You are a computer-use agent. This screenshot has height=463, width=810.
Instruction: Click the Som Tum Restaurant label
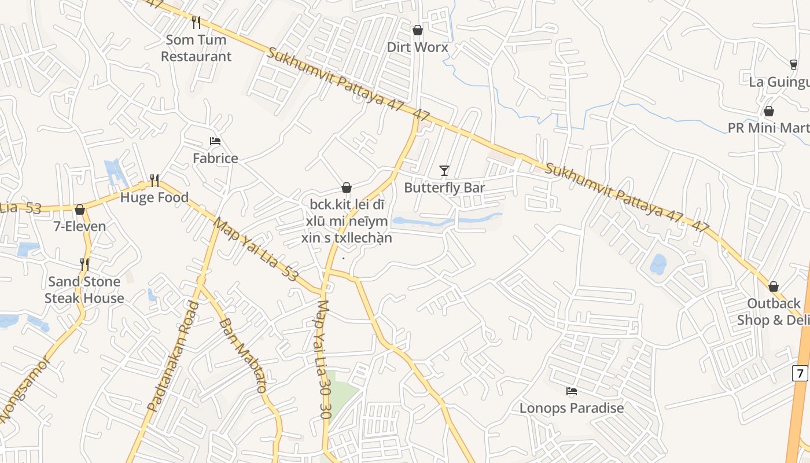pos(196,48)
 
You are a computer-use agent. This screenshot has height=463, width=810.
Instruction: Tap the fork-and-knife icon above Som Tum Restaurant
pos(196,23)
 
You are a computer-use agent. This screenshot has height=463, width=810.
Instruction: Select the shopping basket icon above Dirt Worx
pos(417,30)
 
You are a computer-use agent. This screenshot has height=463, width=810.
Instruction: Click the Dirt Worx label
pos(417,47)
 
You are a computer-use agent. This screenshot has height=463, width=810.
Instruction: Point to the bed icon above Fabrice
pos(215,141)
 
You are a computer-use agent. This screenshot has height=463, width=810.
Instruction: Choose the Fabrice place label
pos(215,158)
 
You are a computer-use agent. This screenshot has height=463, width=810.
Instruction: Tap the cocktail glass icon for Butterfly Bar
pos(444,171)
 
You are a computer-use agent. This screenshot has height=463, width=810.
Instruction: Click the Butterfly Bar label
pos(444,188)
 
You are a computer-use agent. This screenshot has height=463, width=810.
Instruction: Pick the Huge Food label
pos(154,197)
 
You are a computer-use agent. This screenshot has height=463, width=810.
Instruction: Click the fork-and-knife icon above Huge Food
pos(154,181)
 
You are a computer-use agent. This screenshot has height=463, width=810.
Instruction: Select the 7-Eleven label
pos(80,226)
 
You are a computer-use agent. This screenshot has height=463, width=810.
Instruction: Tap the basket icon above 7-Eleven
pos(80,210)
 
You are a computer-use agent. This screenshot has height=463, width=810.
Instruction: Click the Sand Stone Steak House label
pos(84,290)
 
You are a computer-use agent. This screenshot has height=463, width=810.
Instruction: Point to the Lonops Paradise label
pos(572,408)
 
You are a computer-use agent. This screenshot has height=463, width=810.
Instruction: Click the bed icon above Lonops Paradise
pos(572,391)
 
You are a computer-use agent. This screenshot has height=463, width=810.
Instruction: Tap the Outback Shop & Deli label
pos(772,311)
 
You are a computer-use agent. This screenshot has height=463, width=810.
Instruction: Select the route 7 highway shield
pos(800,373)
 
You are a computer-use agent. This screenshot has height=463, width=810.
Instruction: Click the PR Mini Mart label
pos(768,128)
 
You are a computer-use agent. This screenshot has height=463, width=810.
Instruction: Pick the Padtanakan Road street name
pos(173,357)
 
